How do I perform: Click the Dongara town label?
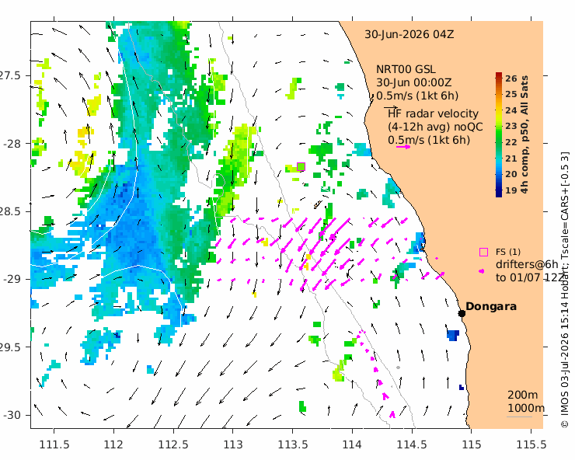(x=491, y=306)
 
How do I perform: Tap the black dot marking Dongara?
(x=462, y=313)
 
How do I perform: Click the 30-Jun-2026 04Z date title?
(x=409, y=34)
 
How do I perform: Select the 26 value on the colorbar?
(x=511, y=78)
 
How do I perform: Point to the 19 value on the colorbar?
(x=511, y=190)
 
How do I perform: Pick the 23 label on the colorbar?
(x=511, y=126)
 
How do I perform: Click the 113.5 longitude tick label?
(x=293, y=444)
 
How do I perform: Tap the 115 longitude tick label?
(x=471, y=444)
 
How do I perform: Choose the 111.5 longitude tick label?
(x=54, y=444)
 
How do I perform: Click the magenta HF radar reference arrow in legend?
(x=403, y=147)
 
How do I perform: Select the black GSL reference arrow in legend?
(x=391, y=107)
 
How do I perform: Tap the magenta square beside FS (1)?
(x=483, y=252)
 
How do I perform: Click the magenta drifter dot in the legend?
(x=482, y=271)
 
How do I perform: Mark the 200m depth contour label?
(x=523, y=395)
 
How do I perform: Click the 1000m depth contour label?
(x=526, y=408)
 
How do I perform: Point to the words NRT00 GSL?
(x=406, y=69)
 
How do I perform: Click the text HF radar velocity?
(x=433, y=113)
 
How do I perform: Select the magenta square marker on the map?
(x=301, y=167)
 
